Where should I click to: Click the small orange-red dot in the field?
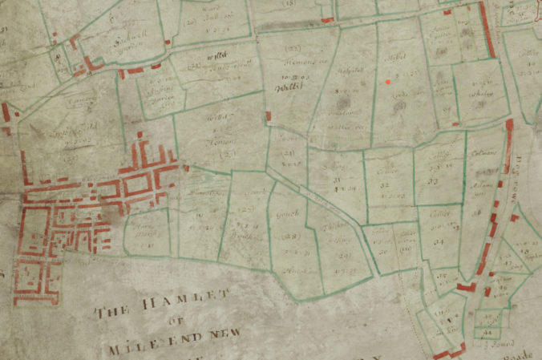coord(388,81)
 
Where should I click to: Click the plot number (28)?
coord(292,236)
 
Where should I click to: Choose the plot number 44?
coord(487,331)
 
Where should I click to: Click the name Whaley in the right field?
coord(482,94)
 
